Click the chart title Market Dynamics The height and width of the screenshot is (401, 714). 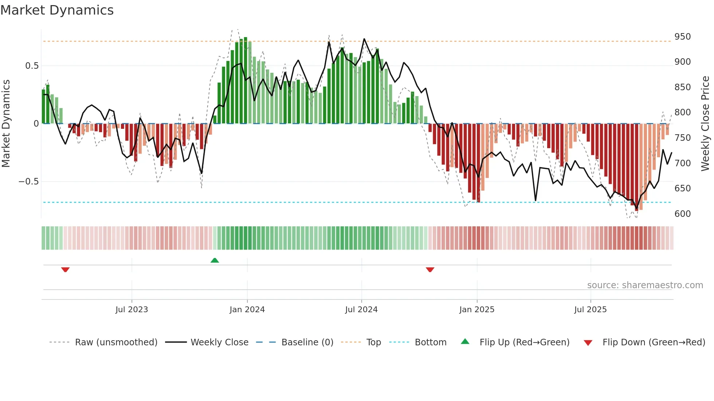(x=57, y=10)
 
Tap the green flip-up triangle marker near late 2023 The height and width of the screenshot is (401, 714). (x=215, y=260)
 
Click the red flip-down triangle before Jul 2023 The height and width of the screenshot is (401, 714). (x=66, y=270)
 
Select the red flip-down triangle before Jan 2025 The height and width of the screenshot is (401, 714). (x=430, y=270)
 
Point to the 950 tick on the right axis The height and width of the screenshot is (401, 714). (x=682, y=37)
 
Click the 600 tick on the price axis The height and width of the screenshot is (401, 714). (x=682, y=214)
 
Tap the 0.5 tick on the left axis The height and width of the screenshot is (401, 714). (x=32, y=66)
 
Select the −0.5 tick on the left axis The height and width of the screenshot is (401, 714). (x=29, y=182)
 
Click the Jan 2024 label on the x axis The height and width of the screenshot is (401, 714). (x=247, y=310)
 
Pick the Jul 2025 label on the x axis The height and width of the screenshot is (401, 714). (x=591, y=310)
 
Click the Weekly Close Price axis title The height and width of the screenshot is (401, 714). (x=705, y=124)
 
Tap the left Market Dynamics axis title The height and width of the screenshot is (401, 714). (x=6, y=124)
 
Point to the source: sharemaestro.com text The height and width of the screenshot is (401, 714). (x=645, y=285)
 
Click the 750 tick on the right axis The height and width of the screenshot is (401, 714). (x=682, y=138)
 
